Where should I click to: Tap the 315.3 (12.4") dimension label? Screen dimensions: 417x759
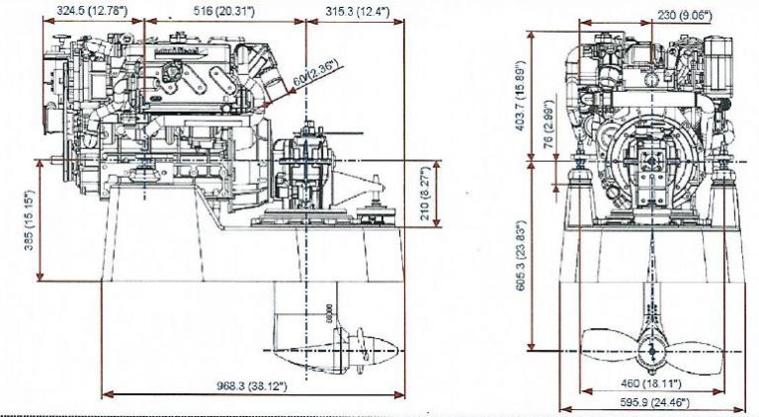356,11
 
